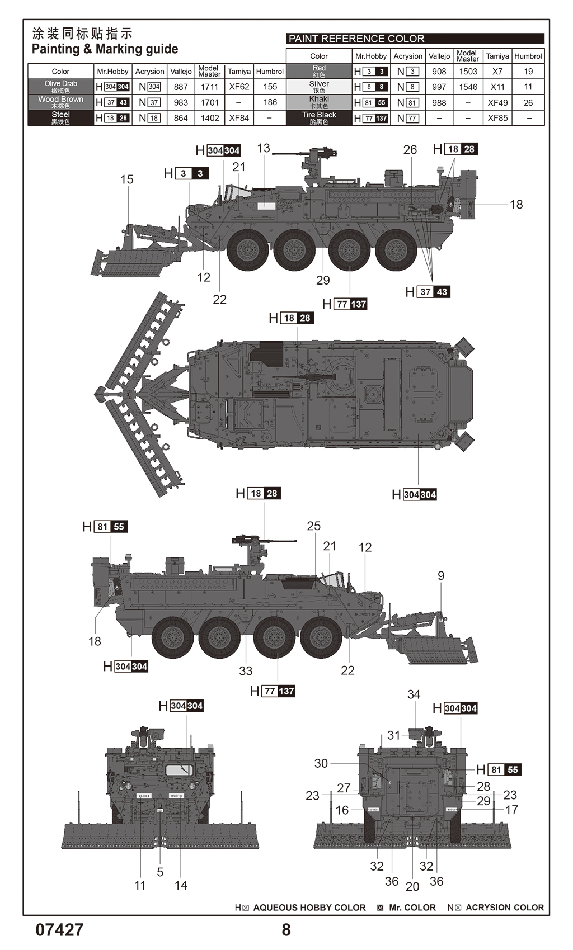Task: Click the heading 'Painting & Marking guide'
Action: click(x=105, y=49)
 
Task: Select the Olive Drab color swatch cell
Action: click(x=60, y=87)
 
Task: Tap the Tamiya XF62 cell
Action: click(x=239, y=87)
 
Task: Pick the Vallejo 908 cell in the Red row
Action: click(x=439, y=72)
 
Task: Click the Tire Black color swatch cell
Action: click(x=319, y=118)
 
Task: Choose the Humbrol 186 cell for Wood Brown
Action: click(x=270, y=102)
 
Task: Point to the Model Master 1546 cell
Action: click(x=468, y=87)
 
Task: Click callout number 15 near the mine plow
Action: click(x=127, y=179)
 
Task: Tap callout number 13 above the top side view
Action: click(x=264, y=148)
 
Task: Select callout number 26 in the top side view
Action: click(x=410, y=150)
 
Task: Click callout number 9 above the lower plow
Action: click(x=441, y=575)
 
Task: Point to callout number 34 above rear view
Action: click(x=414, y=694)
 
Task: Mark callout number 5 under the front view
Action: click(x=160, y=872)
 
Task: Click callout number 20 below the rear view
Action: click(x=412, y=886)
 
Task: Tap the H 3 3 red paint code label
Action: click(x=187, y=174)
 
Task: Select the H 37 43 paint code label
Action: click(x=428, y=292)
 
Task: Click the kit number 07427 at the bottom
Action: click(x=59, y=929)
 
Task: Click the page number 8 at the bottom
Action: click(x=286, y=929)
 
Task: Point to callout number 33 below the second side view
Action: click(x=246, y=671)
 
